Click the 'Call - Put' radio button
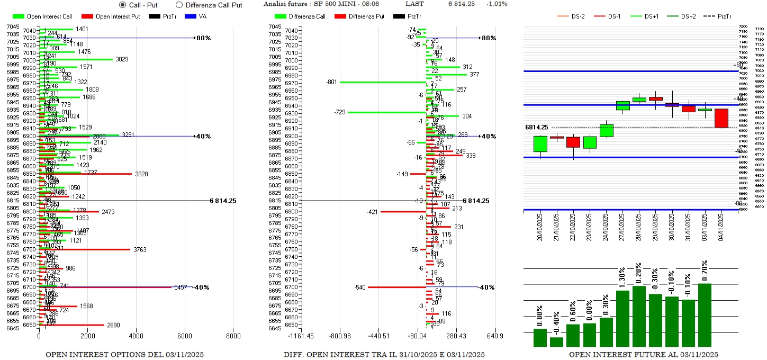123,5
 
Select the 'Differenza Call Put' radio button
179,5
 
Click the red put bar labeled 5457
106,287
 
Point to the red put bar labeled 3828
85,174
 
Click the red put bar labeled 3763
85,249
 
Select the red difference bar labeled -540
397,287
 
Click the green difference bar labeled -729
387,112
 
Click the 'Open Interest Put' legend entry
111,16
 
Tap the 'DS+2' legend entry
681,16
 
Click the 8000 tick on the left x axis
233,336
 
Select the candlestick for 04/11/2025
721,118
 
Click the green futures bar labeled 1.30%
622,318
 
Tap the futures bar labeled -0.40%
557,342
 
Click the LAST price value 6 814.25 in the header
461,4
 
